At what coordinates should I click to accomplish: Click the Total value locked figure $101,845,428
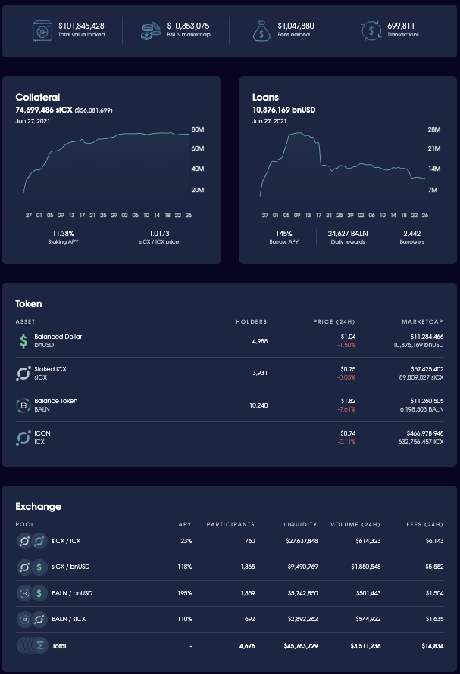[81, 26]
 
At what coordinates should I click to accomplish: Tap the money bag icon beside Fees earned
[261, 30]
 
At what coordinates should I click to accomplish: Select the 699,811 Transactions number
[402, 26]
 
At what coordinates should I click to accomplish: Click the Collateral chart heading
[38, 97]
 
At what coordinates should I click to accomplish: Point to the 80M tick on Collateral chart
[198, 129]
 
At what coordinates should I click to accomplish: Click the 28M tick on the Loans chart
[433, 129]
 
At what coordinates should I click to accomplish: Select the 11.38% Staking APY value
[64, 233]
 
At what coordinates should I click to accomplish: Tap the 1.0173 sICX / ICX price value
[159, 233]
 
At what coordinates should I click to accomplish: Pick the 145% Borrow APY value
[283, 233]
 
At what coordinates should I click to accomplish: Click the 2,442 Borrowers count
[412, 233]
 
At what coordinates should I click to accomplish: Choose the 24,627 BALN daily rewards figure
[348, 233]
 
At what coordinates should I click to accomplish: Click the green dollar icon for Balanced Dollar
[23, 341]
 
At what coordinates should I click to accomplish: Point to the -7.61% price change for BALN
[346, 409]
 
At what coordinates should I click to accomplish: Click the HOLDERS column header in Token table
[251, 321]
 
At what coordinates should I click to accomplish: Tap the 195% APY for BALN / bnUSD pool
[185, 593]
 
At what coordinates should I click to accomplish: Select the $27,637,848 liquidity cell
[301, 541]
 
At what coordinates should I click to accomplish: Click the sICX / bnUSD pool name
[71, 567]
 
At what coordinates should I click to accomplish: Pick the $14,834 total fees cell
[429, 646]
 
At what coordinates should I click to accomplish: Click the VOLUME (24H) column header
[355, 524]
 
